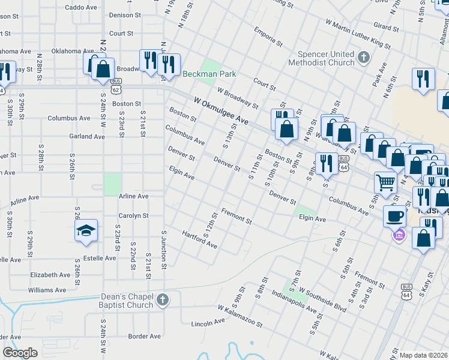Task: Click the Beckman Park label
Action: [x=209, y=74]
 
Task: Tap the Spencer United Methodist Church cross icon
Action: [x=363, y=58]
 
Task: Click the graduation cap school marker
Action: [x=86, y=230]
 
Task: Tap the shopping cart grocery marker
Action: [x=385, y=182]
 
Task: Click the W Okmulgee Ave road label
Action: [x=221, y=111]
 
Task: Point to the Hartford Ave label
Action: [x=199, y=239]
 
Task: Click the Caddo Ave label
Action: [x=82, y=8]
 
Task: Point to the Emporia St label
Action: [x=268, y=37]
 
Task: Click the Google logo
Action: [x=20, y=353]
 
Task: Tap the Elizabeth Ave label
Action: [x=50, y=275]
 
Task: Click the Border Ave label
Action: [x=145, y=336]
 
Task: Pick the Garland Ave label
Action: [x=86, y=137]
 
